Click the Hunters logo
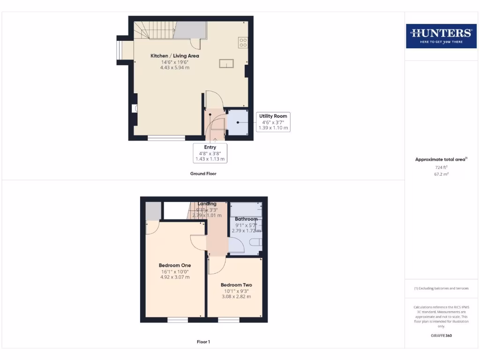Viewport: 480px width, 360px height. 441,35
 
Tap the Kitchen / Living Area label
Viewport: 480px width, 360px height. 174,56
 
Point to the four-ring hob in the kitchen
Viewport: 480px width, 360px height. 243,43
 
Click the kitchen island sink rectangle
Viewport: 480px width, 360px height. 226,63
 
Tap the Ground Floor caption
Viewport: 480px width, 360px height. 203,173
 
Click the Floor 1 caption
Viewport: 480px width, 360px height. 203,342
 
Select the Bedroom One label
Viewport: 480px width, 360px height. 175,265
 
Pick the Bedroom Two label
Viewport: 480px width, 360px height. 236,285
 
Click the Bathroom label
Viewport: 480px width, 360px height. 246,219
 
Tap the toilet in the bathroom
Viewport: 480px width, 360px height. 256,242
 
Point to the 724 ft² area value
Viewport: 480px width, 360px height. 441,167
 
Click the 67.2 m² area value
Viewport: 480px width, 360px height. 441,173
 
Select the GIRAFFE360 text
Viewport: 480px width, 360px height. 441,336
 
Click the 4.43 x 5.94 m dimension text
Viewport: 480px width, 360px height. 174,67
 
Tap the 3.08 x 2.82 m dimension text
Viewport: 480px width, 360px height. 236,297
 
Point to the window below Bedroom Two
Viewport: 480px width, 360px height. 228,320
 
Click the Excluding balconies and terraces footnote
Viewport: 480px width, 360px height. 441,288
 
